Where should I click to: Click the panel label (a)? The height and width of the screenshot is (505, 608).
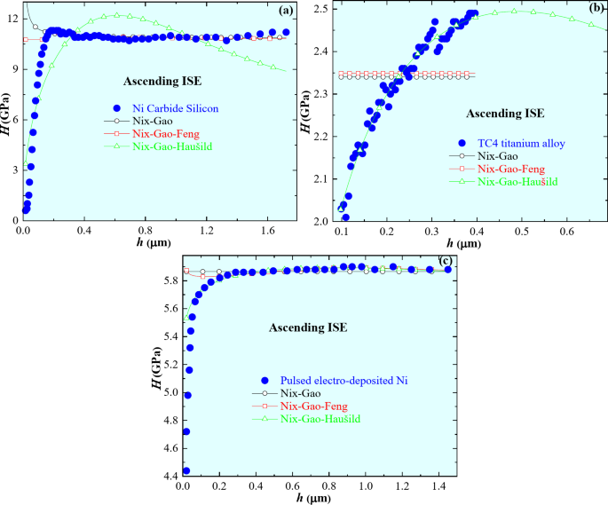tap(285, 11)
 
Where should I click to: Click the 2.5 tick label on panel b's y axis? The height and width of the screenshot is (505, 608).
tap(319, 10)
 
